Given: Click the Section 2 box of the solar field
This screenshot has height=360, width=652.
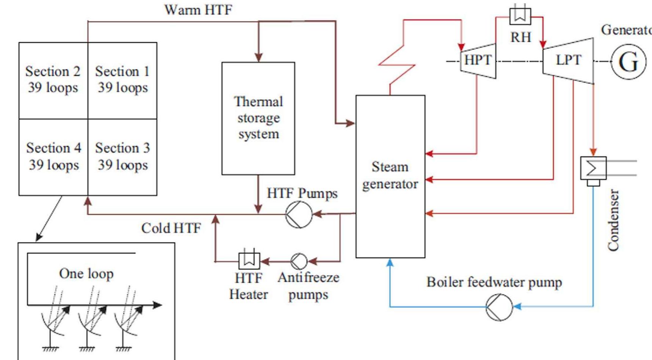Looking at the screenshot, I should click(53, 80).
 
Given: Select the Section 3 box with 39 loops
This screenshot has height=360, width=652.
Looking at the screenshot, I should click(122, 157).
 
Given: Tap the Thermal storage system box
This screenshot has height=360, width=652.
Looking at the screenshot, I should click(258, 118).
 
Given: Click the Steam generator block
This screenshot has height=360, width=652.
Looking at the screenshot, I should click(390, 176).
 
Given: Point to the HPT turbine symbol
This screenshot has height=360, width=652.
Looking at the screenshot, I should click(478, 61).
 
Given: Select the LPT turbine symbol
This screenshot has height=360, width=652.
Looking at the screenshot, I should click(568, 61).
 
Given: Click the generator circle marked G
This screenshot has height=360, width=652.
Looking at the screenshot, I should click(628, 62).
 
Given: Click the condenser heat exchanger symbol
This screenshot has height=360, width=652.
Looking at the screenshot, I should click(593, 168).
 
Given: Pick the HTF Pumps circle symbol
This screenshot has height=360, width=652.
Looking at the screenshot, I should click(299, 215).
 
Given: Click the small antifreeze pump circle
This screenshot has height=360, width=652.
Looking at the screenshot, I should click(299, 261).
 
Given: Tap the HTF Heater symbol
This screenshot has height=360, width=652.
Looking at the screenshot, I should click(249, 261).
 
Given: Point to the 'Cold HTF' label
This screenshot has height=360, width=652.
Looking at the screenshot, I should click(171, 228).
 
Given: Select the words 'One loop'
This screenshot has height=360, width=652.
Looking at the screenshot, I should click(86, 274).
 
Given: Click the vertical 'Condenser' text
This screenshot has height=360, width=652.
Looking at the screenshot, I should click(613, 220).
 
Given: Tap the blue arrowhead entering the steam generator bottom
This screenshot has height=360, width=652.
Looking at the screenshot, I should click(390, 262).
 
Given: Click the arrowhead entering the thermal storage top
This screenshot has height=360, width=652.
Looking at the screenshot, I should click(259, 58).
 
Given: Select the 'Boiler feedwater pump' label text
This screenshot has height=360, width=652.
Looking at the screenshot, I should click(494, 282).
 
